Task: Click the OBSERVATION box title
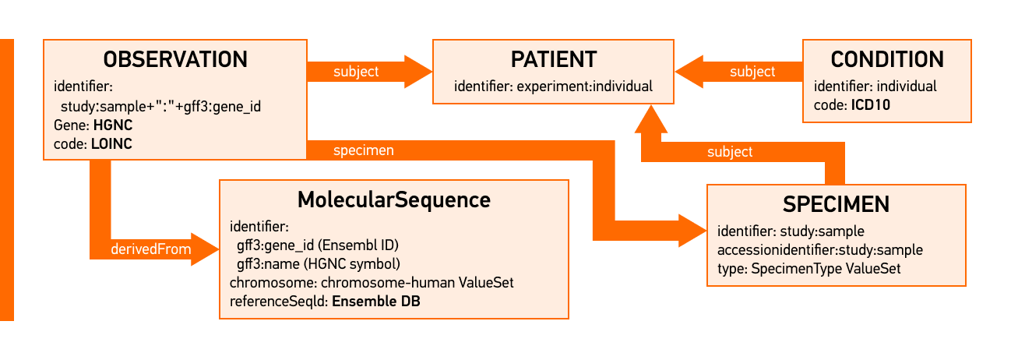pos(175,59)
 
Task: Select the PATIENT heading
pos(553,59)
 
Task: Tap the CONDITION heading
pos(887,59)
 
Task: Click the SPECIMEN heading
pos(836,204)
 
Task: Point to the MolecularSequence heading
pos(394,199)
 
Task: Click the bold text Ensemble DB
pos(376,302)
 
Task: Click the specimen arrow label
pos(363,150)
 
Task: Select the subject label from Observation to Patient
pos(356,72)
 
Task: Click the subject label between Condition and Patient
pos(752,72)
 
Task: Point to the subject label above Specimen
pos(730,152)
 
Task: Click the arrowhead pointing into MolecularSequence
pos(204,250)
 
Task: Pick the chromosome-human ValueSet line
pos(372,283)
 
